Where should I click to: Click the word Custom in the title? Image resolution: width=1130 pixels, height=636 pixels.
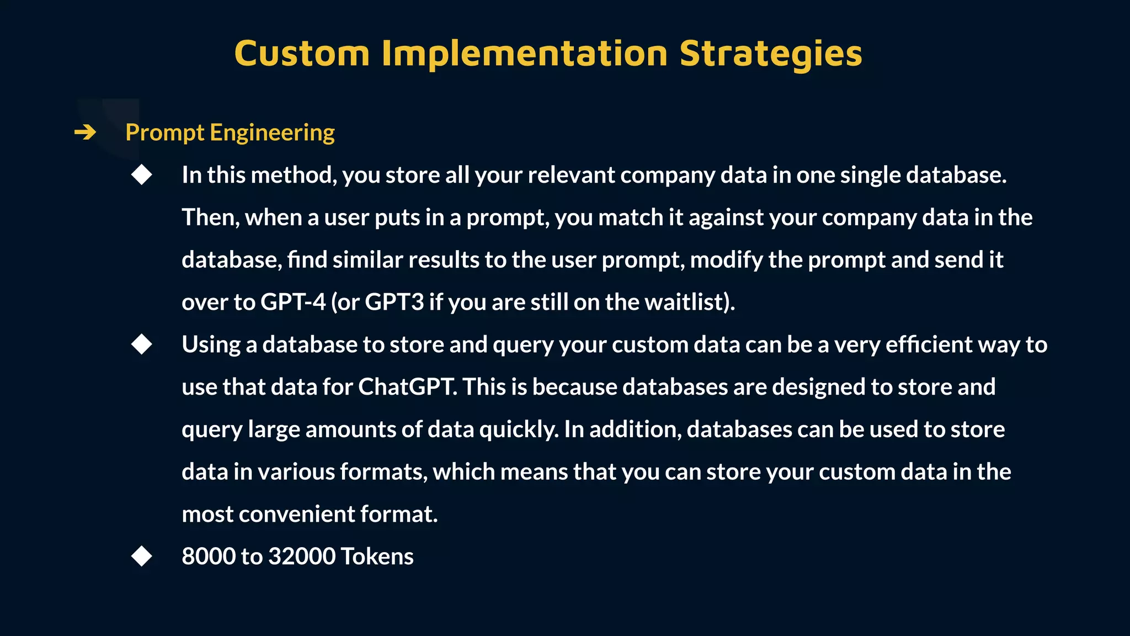[x=302, y=54]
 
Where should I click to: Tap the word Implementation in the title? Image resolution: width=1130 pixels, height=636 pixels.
[x=524, y=54]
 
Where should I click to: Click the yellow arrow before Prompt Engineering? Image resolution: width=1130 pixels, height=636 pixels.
[x=85, y=132]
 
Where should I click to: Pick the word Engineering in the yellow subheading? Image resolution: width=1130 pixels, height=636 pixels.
[x=272, y=133]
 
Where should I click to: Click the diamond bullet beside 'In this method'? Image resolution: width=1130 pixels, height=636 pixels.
[x=142, y=175]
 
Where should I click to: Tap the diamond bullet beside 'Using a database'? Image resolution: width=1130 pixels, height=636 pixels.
[x=142, y=344]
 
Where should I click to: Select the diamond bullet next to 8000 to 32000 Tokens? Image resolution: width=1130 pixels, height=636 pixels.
[x=142, y=556]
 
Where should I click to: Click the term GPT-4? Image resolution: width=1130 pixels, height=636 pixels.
[x=293, y=302]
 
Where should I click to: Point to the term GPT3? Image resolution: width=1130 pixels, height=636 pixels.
[x=394, y=302]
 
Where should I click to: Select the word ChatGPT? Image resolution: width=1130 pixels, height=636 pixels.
[x=407, y=387]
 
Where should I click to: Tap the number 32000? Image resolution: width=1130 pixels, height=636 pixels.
[x=301, y=556]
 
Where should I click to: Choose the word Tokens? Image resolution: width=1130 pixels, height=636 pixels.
[x=377, y=556]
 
